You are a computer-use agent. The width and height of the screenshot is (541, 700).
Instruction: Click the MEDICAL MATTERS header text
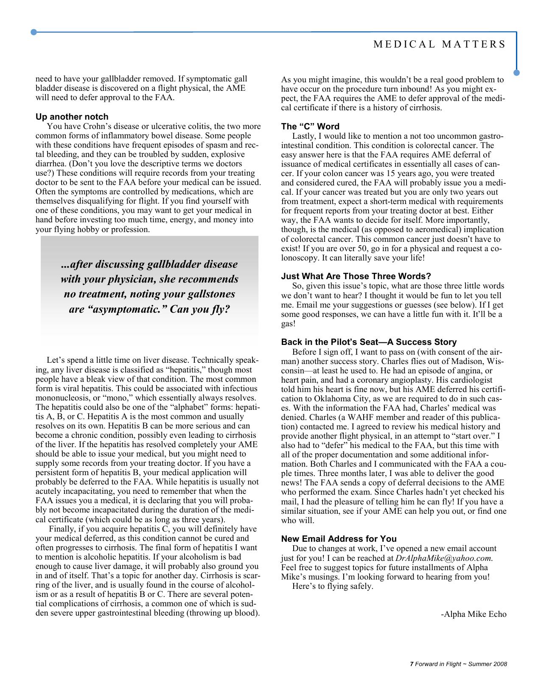coord(440,45)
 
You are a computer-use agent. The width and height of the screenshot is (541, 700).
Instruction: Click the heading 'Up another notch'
coord(72,117)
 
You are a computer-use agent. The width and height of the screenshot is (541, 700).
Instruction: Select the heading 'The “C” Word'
coord(310,126)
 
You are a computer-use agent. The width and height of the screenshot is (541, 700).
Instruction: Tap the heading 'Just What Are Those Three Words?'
coord(356,276)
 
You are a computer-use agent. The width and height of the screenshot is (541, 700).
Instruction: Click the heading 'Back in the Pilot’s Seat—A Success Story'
coord(369,342)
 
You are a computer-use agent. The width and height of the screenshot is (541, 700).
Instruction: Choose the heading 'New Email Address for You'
coord(339,539)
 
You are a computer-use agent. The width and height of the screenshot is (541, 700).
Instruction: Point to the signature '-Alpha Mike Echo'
coord(474,614)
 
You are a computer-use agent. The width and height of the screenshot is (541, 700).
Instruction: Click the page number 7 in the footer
coord(411,664)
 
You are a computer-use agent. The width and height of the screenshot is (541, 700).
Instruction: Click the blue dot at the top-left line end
coord(34,32)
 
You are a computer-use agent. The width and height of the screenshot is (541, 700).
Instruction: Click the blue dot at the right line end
coord(516,73)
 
